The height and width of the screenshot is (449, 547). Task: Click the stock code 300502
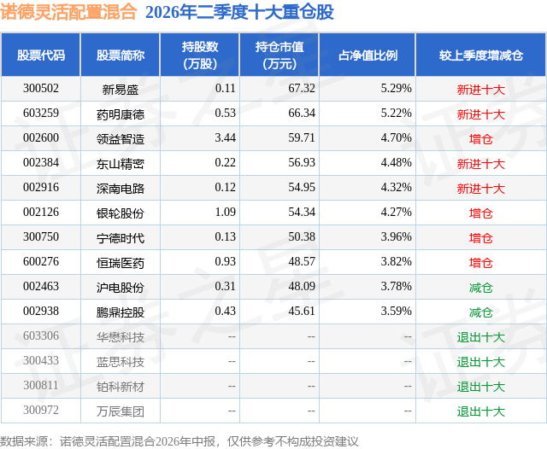[41, 89]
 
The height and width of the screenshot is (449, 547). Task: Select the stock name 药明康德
[121, 114]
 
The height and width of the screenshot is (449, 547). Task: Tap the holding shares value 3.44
[225, 138]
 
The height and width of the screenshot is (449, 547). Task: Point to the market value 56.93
[302, 163]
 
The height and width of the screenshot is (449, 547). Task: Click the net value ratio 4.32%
[396, 188]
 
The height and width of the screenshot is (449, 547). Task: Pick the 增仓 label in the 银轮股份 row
[480, 213]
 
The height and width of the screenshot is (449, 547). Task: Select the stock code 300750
[41, 236]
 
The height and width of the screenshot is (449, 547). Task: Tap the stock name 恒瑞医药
[121, 263]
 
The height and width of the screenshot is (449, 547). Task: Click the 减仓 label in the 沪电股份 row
[480, 288]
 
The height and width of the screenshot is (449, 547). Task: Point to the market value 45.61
[302, 311]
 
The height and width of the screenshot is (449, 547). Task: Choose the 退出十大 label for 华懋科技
[480, 337]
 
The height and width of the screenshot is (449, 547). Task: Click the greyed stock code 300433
[41, 360]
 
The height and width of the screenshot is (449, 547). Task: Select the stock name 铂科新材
[121, 387]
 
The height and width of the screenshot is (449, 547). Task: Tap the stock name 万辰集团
[121, 411]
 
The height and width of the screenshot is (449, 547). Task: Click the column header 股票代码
[41, 55]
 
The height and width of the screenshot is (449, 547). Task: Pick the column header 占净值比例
[368, 55]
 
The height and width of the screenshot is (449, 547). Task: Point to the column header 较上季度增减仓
[480, 55]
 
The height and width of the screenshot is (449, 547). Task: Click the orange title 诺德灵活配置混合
[68, 12]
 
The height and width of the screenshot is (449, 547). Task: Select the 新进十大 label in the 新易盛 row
[480, 90]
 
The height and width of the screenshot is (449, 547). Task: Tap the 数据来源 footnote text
[179, 441]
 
